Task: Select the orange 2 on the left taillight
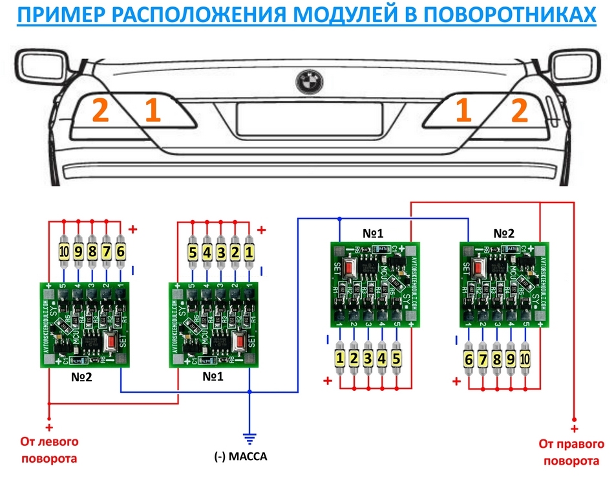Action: (x=100, y=111)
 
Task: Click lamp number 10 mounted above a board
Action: (x=64, y=251)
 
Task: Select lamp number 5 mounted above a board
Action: (x=192, y=251)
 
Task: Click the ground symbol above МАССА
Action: (x=249, y=438)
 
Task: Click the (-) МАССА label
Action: (x=240, y=457)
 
